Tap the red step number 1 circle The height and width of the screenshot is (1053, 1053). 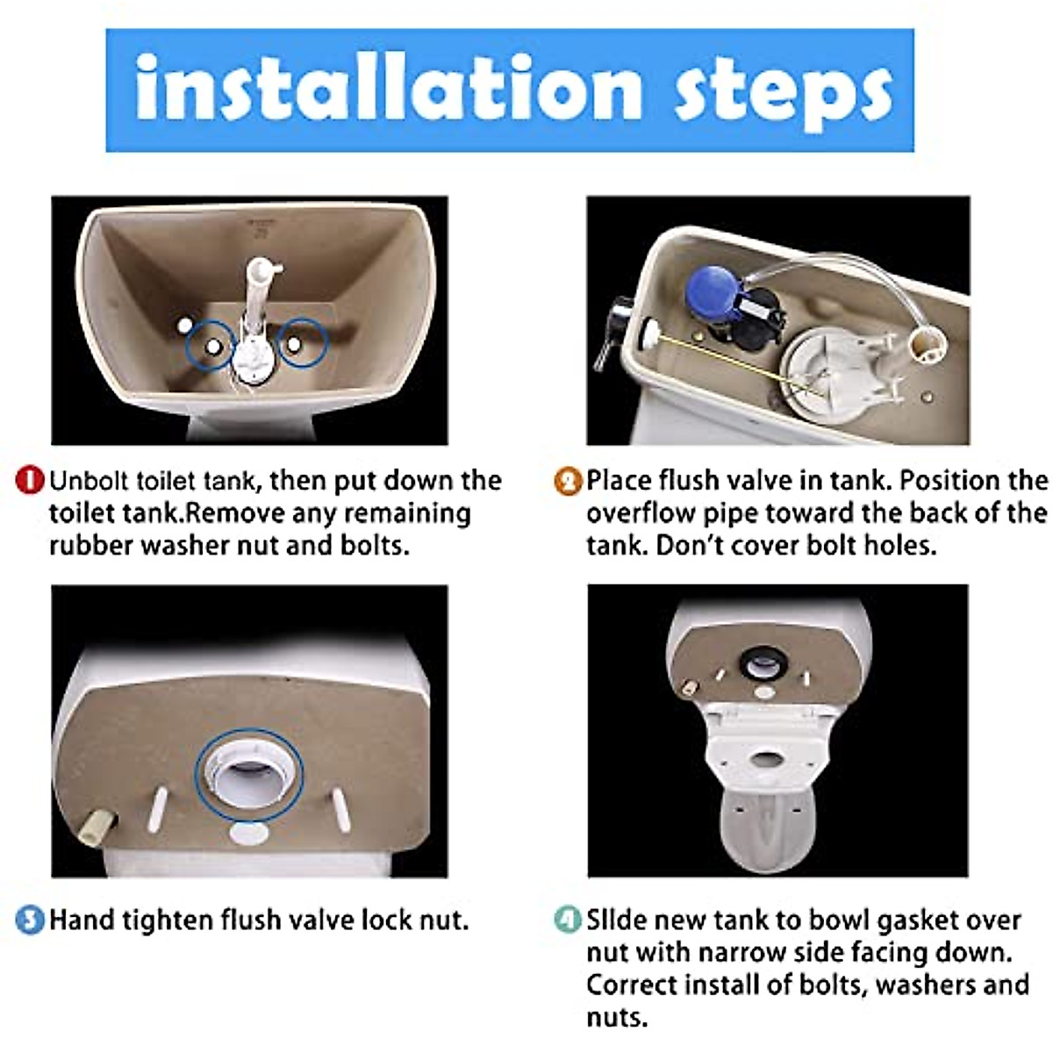(30, 481)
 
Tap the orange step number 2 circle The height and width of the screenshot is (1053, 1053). (569, 481)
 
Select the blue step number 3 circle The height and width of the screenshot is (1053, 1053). (30, 920)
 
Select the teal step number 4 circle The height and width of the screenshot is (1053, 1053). (569, 920)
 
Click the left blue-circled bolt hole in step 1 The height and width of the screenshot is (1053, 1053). (211, 345)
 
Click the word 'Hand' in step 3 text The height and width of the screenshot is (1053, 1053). (82, 920)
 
